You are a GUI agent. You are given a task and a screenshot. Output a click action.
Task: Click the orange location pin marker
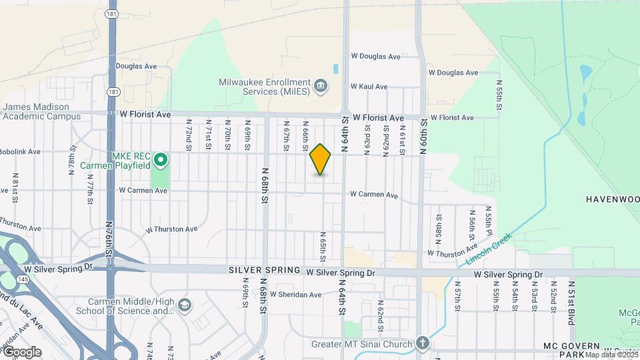tap(320, 159)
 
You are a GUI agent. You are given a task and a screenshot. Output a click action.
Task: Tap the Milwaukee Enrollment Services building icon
tap(321, 86)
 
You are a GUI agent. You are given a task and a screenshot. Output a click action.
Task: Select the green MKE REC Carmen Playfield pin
tap(160, 160)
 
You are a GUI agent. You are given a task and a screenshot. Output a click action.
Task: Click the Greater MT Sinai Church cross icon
tap(421, 344)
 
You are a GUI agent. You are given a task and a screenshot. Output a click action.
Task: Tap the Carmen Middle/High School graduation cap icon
tap(184, 305)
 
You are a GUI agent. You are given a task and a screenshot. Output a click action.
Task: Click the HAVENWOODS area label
tap(612, 199)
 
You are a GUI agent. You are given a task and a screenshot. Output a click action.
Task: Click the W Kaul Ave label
tap(369, 87)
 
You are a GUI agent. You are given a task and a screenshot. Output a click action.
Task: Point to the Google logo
tap(21, 352)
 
